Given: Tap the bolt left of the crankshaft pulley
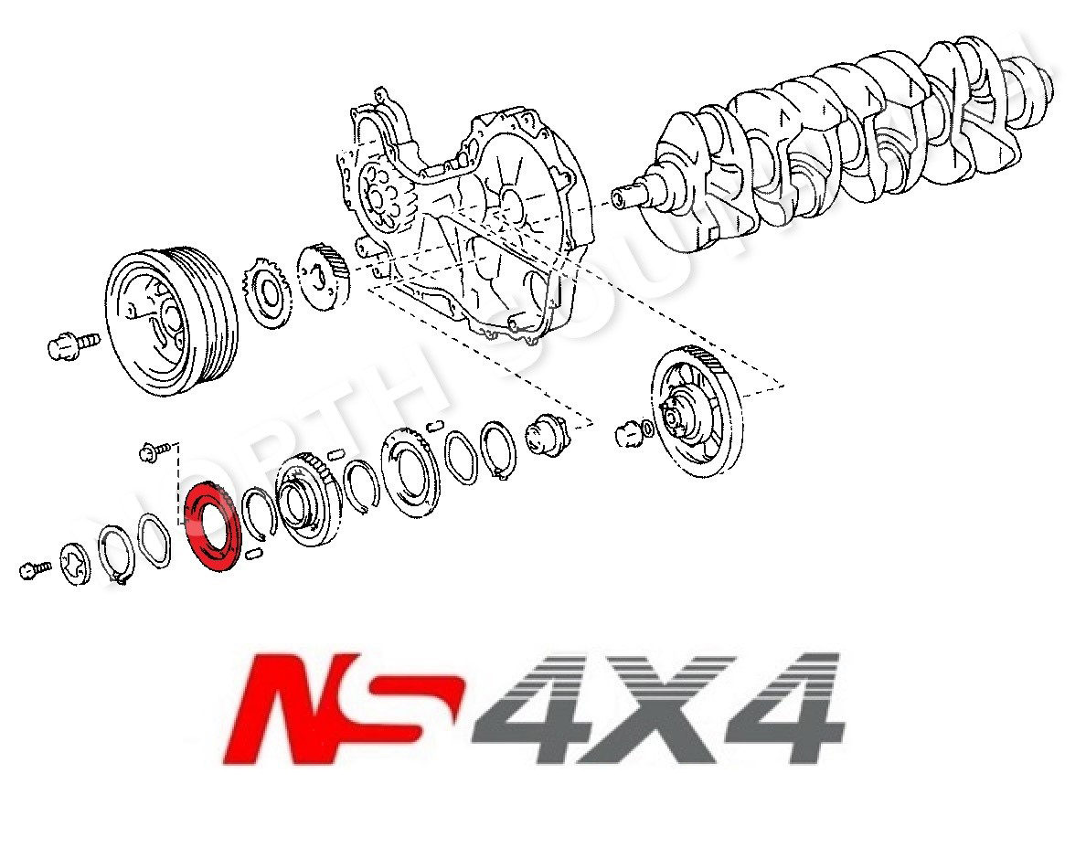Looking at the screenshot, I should tap(73, 344).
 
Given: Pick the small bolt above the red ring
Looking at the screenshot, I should tap(155, 450).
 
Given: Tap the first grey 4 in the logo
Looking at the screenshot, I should tap(530, 708).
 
